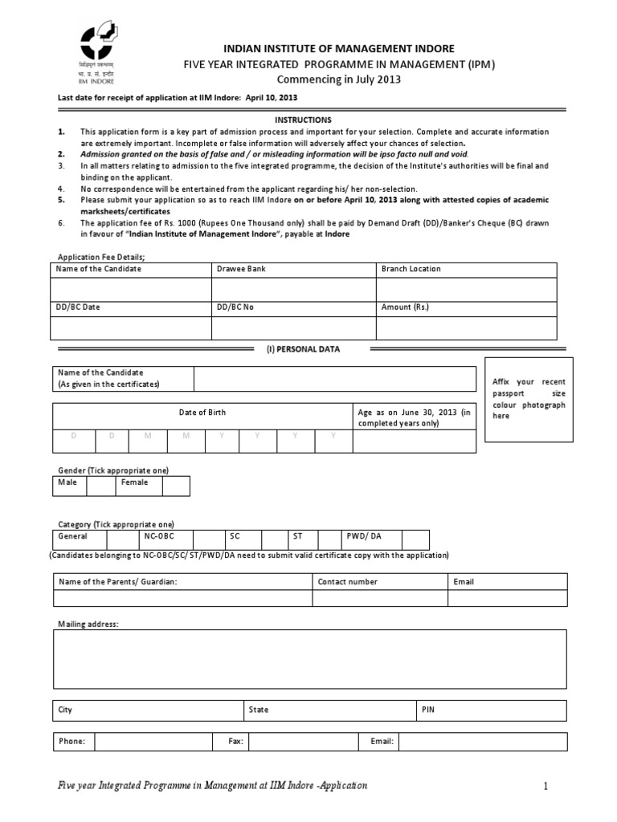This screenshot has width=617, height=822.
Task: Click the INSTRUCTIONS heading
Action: (303, 119)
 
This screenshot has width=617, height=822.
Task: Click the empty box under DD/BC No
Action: (293, 328)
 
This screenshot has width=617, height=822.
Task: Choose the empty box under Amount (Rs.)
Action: (466, 328)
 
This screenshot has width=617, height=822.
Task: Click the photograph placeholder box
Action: (529, 399)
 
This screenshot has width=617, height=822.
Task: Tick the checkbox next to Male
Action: (101, 486)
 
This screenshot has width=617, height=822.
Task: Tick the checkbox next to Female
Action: (176, 486)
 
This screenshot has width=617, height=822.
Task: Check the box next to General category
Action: (122, 539)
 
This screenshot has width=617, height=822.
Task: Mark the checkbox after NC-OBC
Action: (208, 539)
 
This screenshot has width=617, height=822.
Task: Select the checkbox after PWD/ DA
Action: (415, 539)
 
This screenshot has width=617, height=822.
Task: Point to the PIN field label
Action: (429, 710)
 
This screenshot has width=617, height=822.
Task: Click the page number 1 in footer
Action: (545, 787)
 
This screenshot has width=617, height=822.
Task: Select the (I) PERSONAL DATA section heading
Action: (303, 349)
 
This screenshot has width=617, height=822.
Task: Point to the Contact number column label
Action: (347, 581)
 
